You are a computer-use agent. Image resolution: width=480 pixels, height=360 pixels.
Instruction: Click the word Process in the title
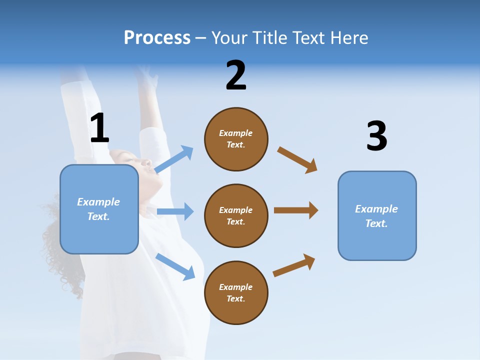(157, 38)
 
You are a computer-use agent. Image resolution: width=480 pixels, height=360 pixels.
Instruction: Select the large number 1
(99, 128)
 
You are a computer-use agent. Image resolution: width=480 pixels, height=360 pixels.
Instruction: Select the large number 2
(236, 76)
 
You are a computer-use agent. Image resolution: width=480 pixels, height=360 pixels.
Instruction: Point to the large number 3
(376, 137)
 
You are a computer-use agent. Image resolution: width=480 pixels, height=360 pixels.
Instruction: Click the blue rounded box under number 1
(99, 209)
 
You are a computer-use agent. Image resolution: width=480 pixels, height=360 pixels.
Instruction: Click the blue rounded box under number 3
(377, 216)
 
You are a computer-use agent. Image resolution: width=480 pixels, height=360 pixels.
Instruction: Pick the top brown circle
(236, 139)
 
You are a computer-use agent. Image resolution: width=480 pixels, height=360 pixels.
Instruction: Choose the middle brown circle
(236, 216)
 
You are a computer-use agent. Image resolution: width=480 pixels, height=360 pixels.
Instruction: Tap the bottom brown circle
(236, 293)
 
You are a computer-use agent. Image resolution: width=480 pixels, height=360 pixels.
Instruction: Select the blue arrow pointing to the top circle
(174, 159)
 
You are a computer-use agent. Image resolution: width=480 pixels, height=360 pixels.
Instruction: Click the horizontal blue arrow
(175, 211)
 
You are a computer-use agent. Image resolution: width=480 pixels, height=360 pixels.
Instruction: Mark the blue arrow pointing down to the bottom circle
(175, 266)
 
